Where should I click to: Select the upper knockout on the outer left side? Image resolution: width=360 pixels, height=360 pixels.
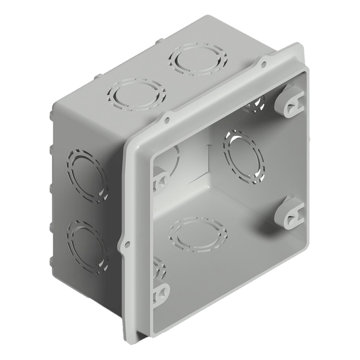click(x=86, y=176)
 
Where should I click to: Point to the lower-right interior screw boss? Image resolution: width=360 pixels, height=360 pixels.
click(x=290, y=214)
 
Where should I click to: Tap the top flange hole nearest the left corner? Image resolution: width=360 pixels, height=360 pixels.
click(x=167, y=120)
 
